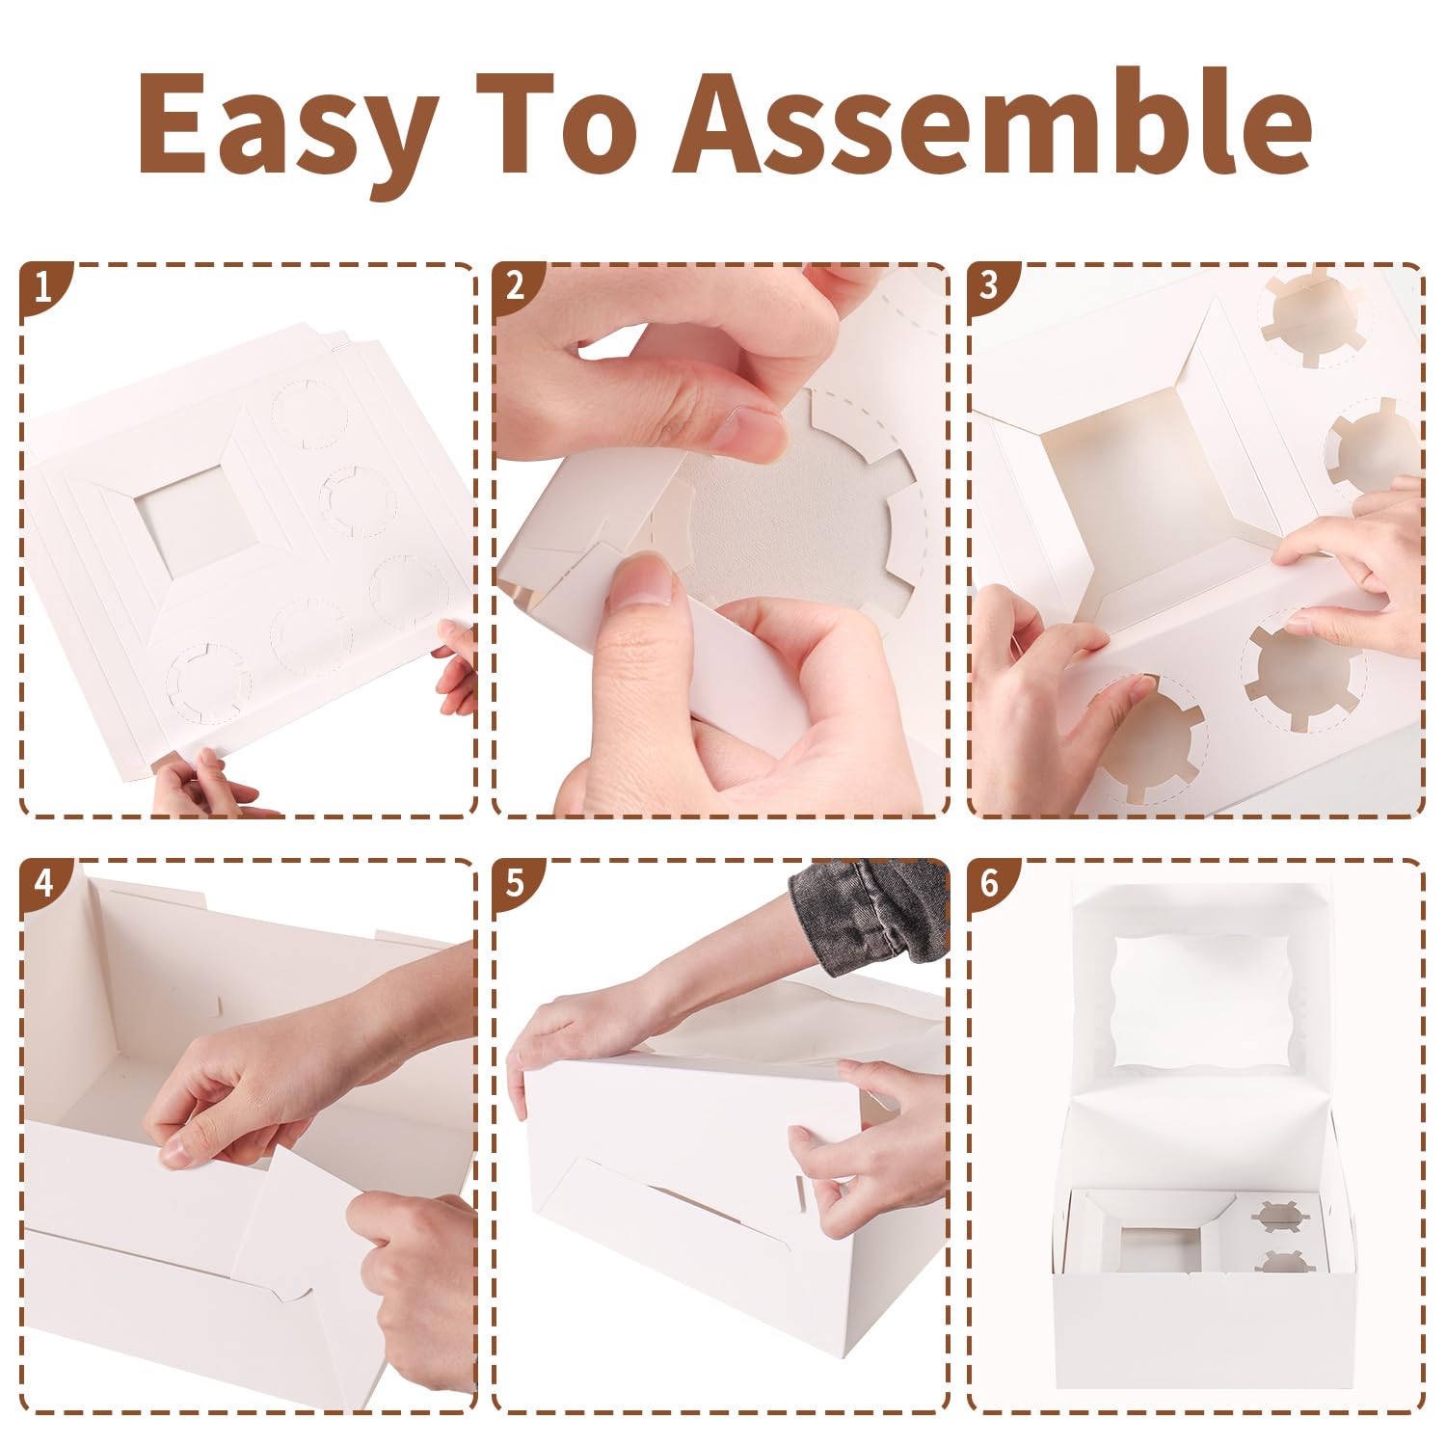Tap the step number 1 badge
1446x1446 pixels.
coord(42,286)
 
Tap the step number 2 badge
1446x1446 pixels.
coord(516,286)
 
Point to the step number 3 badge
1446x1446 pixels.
coord(989,286)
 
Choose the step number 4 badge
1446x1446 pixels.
coord(42,881)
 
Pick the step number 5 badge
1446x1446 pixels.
coord(516,881)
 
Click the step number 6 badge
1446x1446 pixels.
coord(989,881)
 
